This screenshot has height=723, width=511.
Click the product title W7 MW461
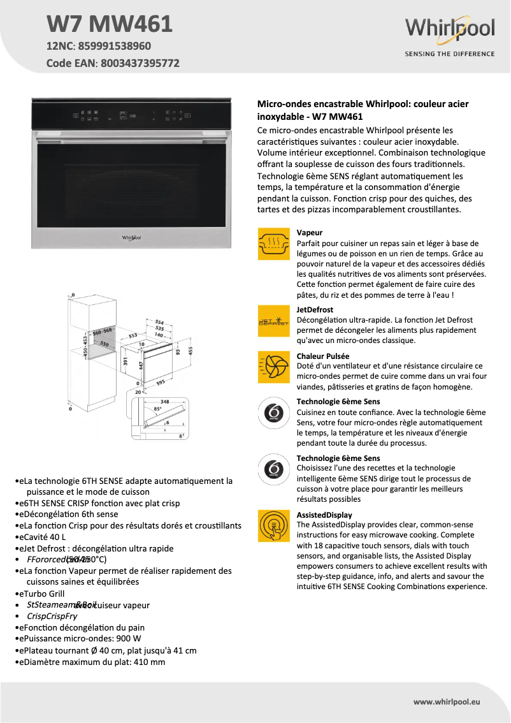pyautogui.click(x=109, y=24)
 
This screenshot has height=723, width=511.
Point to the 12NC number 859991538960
pyautogui.click(x=115, y=46)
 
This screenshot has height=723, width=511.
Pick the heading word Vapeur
pyautogui.click(x=310, y=233)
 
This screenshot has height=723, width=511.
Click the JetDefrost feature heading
pyautogui.click(x=315, y=310)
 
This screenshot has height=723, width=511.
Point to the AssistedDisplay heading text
pyautogui.click(x=324, y=515)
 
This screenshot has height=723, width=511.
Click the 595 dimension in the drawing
pyautogui.click(x=161, y=383)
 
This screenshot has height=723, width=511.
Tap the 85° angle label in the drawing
pyautogui.click(x=158, y=409)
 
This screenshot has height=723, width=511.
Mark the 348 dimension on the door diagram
pyautogui.click(x=165, y=402)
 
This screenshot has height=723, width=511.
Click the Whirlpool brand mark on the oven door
pyautogui.click(x=131, y=237)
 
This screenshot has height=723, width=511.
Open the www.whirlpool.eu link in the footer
pyautogui.click(x=447, y=701)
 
